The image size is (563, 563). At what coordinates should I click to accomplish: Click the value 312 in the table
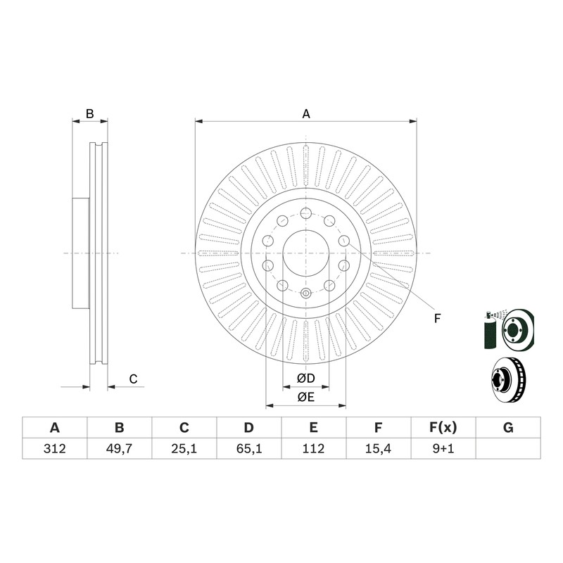(55, 448)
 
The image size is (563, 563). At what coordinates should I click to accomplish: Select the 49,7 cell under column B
(119, 448)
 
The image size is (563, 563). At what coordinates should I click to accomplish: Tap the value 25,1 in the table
(184, 448)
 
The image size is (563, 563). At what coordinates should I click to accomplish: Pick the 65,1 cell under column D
(249, 448)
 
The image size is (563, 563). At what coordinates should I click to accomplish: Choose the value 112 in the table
(313, 448)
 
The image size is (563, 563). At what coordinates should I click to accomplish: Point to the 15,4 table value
(378, 448)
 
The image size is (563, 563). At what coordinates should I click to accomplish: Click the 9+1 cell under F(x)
(443, 448)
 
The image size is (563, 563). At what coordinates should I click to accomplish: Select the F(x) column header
(443, 428)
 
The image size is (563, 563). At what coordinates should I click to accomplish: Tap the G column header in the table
(508, 428)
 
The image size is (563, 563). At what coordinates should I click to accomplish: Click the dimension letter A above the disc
(306, 114)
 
